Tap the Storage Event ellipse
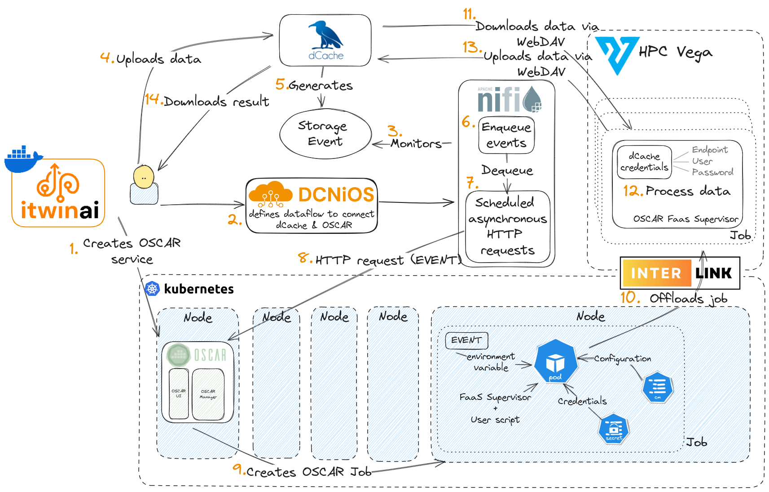[325, 134]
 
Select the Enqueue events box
[506, 135]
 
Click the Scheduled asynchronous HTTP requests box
[507, 226]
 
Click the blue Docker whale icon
[22, 159]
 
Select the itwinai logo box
[58, 193]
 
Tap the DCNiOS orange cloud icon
[270, 194]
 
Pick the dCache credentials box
[644, 162]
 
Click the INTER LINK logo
[680, 273]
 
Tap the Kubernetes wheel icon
[153, 289]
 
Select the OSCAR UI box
[179, 394]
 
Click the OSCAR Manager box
[208, 394]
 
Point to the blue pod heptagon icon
[555, 361]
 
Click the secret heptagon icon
[614, 429]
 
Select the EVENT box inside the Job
[466, 340]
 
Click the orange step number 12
[633, 191]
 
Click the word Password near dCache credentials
[712, 172]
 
